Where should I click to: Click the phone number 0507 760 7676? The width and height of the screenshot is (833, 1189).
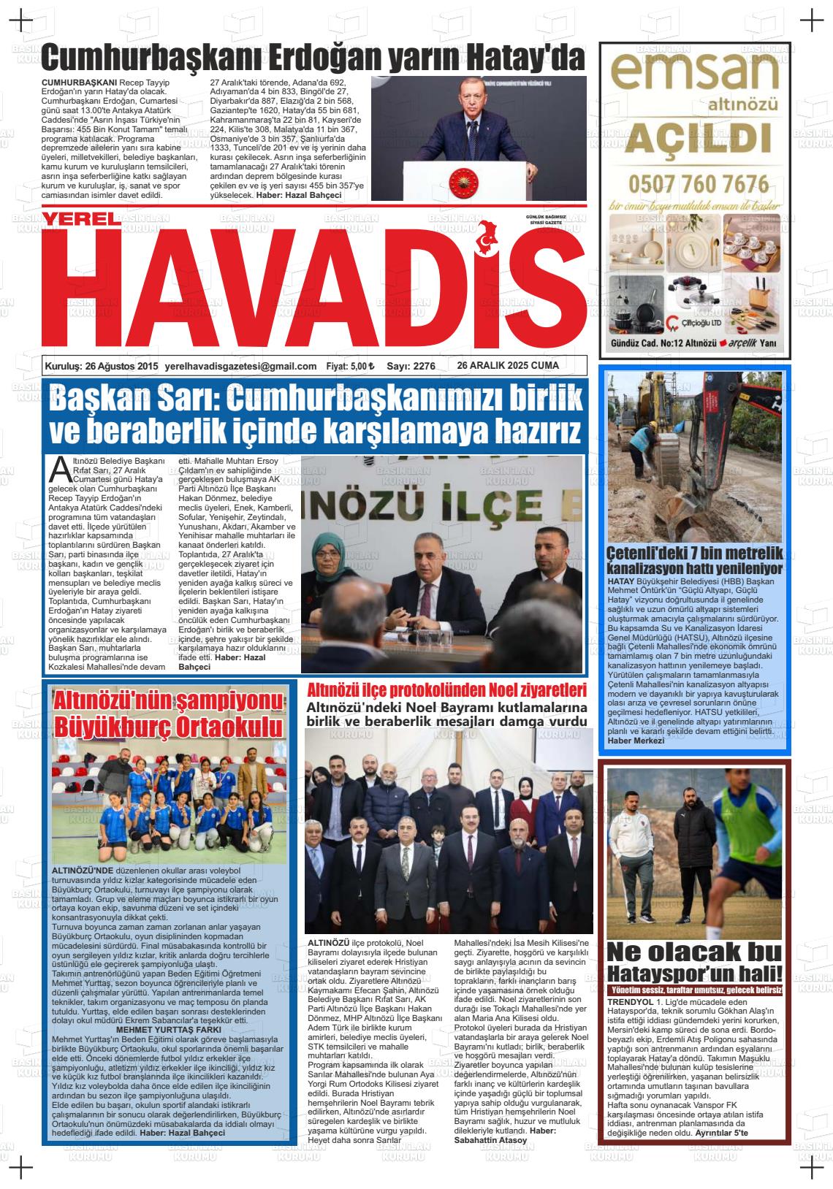[695, 182]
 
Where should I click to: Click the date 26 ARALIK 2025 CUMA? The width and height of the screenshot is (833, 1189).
[508, 366]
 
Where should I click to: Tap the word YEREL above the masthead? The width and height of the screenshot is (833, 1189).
[79, 219]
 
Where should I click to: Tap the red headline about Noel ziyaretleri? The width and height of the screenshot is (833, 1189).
[446, 690]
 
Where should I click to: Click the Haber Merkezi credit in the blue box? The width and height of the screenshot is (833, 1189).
[636, 741]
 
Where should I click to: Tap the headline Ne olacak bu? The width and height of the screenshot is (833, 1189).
[693, 952]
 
